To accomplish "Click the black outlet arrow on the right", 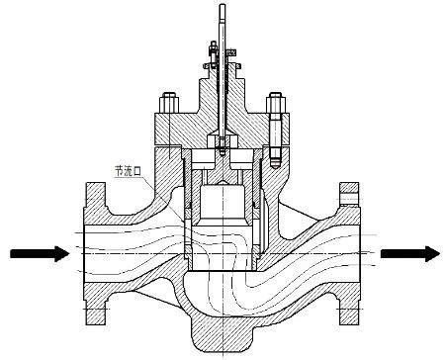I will [407, 254].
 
